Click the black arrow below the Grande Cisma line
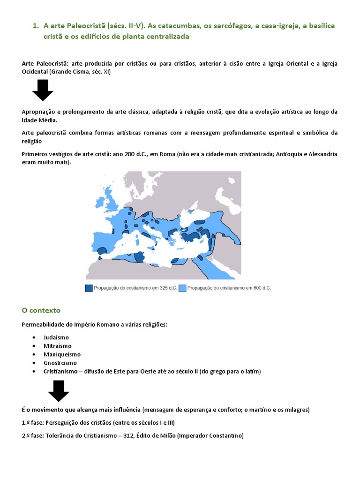click(x=43, y=90)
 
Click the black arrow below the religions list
click(x=59, y=390)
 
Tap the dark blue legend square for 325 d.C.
click(x=89, y=288)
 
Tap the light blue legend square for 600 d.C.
click(x=182, y=288)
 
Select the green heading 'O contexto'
click(x=41, y=310)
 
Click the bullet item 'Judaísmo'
click(x=56, y=337)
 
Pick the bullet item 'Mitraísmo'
click(x=57, y=346)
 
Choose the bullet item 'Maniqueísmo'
click(x=61, y=354)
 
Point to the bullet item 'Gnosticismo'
click(x=60, y=363)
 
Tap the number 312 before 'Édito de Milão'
click(x=143, y=435)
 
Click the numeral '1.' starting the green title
click(x=36, y=26)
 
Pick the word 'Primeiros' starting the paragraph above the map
click(x=35, y=154)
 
